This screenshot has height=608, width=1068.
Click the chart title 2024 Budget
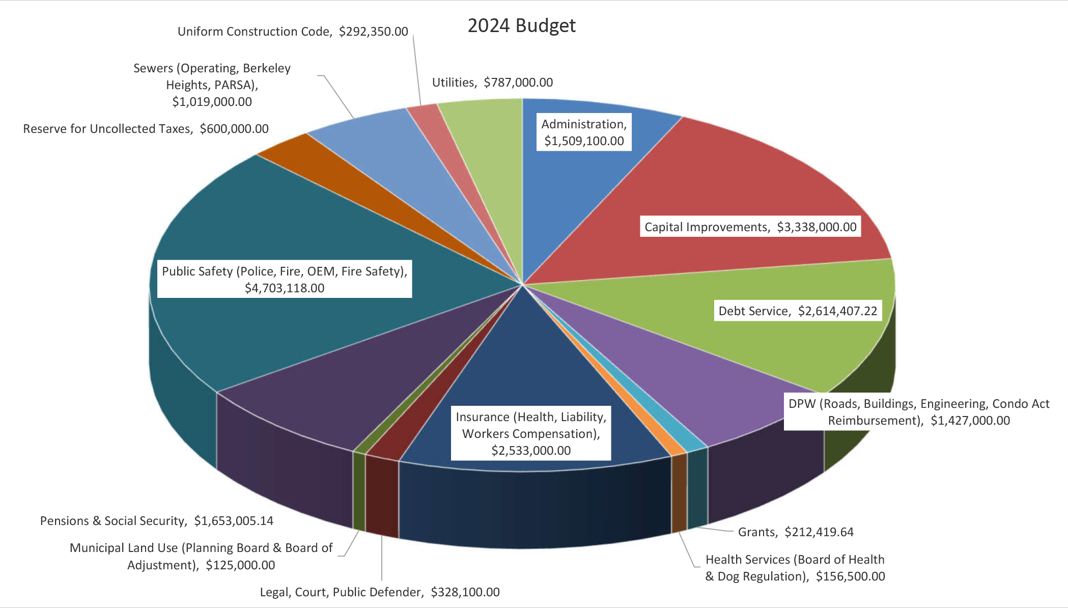tap(521, 25)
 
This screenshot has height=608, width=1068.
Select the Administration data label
tap(584, 132)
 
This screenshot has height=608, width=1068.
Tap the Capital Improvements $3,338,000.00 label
tap(750, 227)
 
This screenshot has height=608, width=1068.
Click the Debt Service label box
tap(798, 311)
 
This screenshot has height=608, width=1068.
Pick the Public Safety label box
tap(285, 280)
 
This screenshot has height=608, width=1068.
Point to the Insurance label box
tap(531, 433)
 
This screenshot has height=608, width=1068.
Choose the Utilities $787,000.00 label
tap(492, 82)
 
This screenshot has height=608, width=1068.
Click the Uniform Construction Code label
tap(293, 32)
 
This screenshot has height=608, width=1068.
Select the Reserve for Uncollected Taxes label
tap(146, 129)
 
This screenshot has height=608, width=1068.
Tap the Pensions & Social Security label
tap(157, 521)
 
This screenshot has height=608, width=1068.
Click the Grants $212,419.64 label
tap(796, 532)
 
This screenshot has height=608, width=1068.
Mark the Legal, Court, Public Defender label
tap(380, 592)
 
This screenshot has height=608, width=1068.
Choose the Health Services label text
tap(795, 568)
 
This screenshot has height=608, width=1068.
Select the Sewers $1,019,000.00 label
tap(212, 85)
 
